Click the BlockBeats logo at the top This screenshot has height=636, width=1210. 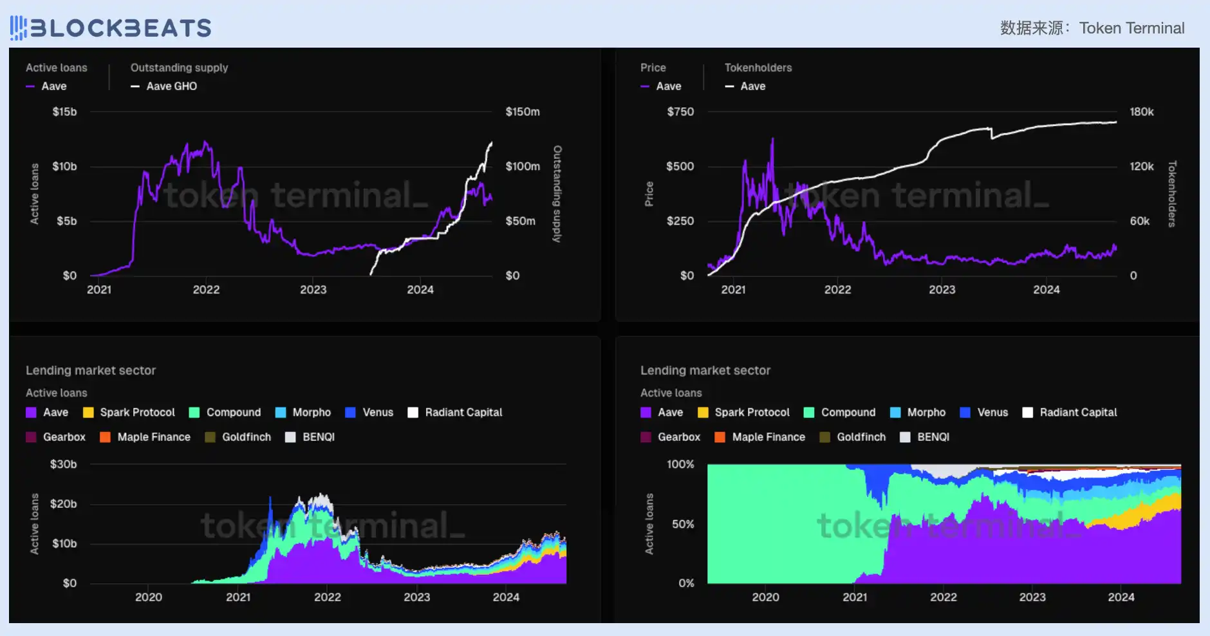click(x=111, y=28)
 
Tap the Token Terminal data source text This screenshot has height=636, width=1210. click(x=1092, y=28)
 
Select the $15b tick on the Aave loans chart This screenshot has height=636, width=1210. click(x=64, y=112)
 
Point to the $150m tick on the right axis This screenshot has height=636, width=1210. click(x=523, y=112)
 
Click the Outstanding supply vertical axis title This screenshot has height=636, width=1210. click(x=557, y=194)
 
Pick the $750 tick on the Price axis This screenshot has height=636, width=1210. click(x=680, y=112)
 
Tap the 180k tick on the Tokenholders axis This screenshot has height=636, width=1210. click(x=1141, y=112)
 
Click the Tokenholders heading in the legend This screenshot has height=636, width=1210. click(x=758, y=68)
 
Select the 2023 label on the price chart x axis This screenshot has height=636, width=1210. click(x=942, y=290)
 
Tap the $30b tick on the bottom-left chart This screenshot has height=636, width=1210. click(x=63, y=464)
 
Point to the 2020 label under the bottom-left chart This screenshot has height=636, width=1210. click(x=148, y=597)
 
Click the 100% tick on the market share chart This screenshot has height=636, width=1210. click(x=680, y=464)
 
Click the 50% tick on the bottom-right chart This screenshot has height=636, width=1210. click(x=683, y=524)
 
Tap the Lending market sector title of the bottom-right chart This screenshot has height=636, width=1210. click(x=705, y=370)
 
